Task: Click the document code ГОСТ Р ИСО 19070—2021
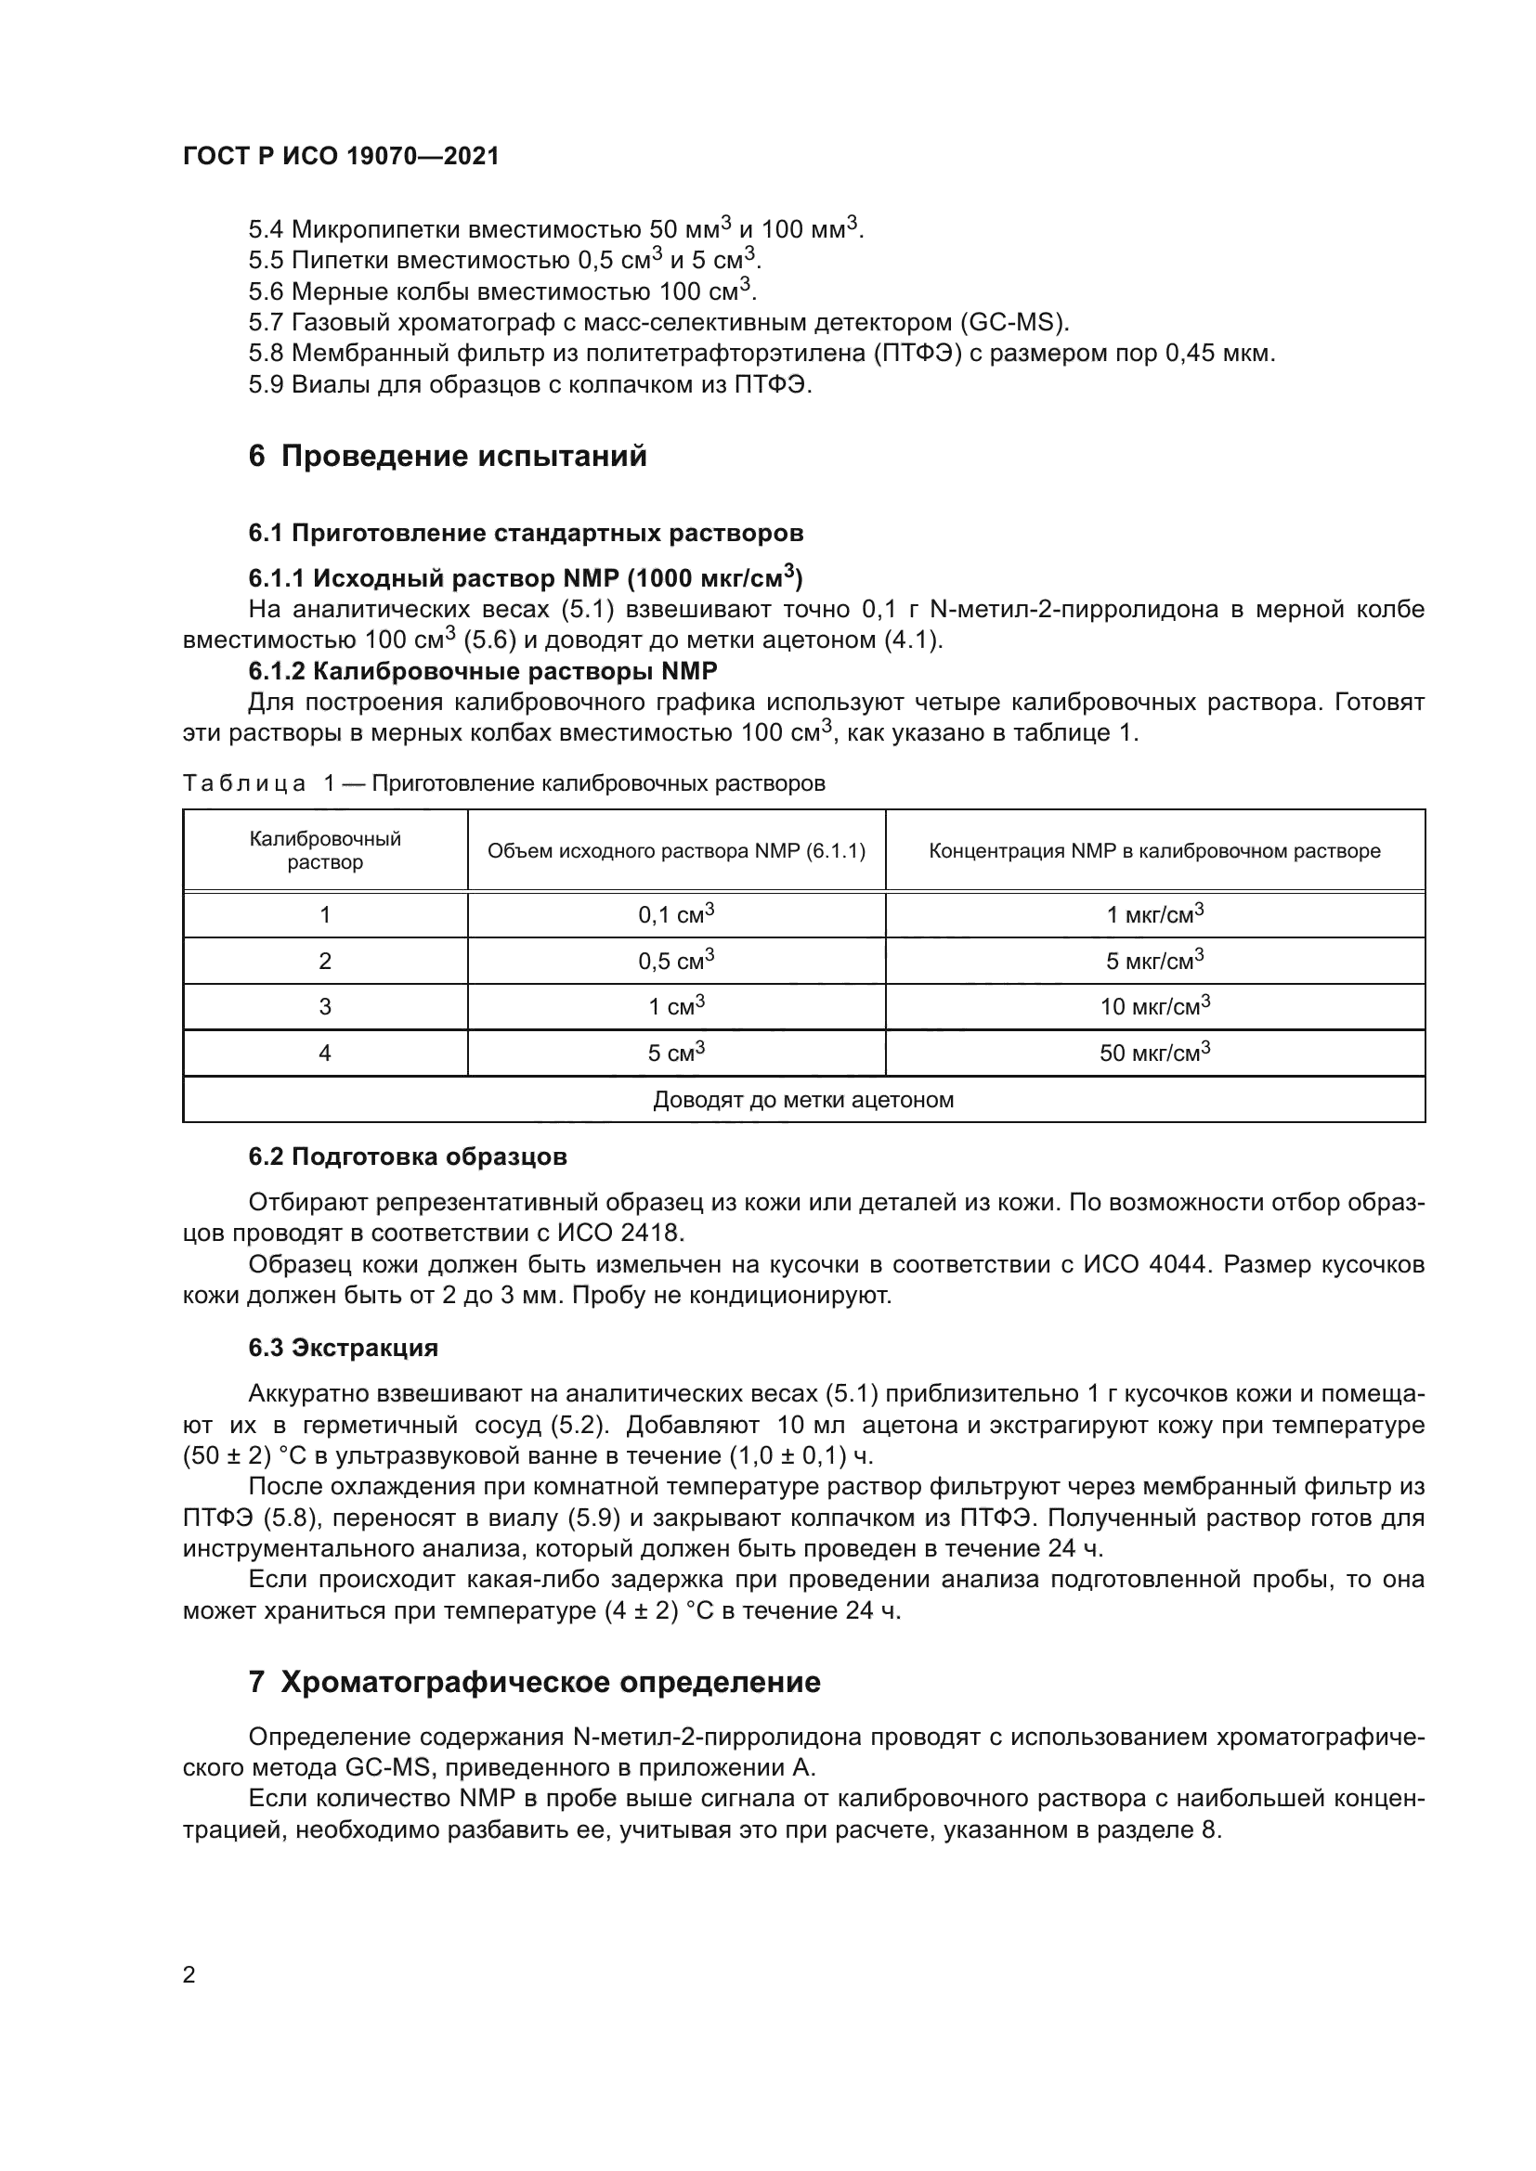pyautogui.click(x=341, y=156)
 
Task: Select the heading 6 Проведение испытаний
pyautogui.click(x=448, y=456)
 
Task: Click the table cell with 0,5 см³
pyautogui.click(x=675, y=961)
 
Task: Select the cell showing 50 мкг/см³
pyautogui.click(x=1154, y=1053)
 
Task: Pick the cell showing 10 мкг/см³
pyautogui.click(x=1154, y=1006)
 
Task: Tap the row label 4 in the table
pyautogui.click(x=324, y=1053)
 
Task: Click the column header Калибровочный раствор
pyautogui.click(x=324, y=850)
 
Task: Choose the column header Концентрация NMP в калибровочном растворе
pyautogui.click(x=1154, y=851)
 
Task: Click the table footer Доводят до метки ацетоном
pyautogui.click(x=803, y=1100)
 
